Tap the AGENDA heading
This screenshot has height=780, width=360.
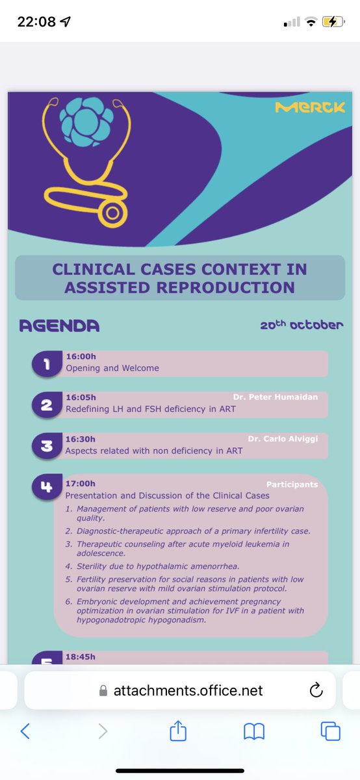(59, 326)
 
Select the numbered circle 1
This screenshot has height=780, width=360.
(47, 365)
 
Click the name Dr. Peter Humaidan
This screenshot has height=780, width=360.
(276, 396)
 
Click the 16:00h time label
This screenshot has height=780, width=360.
(81, 356)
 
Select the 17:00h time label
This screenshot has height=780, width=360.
(81, 484)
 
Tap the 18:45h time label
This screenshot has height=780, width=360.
(81, 656)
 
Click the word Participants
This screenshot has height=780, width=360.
(292, 484)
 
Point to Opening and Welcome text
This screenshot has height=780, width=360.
(112, 368)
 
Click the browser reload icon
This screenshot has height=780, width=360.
(316, 690)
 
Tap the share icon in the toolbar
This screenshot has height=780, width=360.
(177, 731)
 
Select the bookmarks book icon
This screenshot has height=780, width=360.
(254, 732)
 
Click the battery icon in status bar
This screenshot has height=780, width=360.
(332, 22)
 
